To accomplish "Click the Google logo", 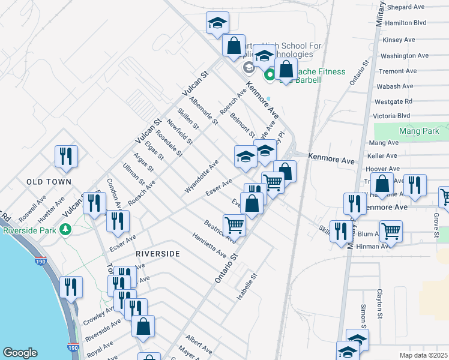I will (20, 353).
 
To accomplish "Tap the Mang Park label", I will (419, 131).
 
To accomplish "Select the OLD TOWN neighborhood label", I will (49, 181).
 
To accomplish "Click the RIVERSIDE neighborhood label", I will (157, 254).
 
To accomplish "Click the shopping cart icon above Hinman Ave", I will (391, 231).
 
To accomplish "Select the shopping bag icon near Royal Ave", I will (143, 326).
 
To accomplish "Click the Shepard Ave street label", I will (405, 7).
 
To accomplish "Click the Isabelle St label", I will (246, 287).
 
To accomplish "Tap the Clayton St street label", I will (380, 304).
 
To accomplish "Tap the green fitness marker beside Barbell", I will (270, 76).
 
